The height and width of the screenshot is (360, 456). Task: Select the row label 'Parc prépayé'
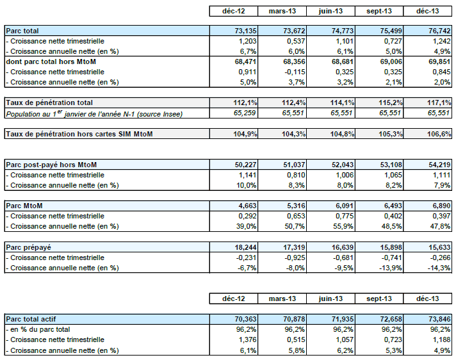28,247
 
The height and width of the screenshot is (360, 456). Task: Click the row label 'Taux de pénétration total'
49,102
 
